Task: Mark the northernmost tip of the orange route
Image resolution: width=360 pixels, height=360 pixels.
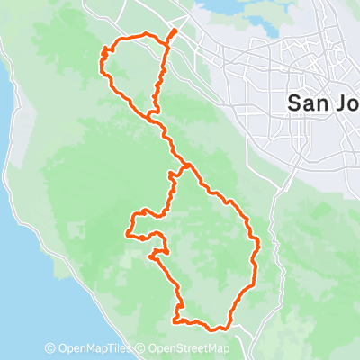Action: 173,31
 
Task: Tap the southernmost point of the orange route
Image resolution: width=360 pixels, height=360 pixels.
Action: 216,328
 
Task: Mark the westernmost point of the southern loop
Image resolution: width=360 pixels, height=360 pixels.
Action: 129,236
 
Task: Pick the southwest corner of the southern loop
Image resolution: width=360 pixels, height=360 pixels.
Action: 175,319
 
